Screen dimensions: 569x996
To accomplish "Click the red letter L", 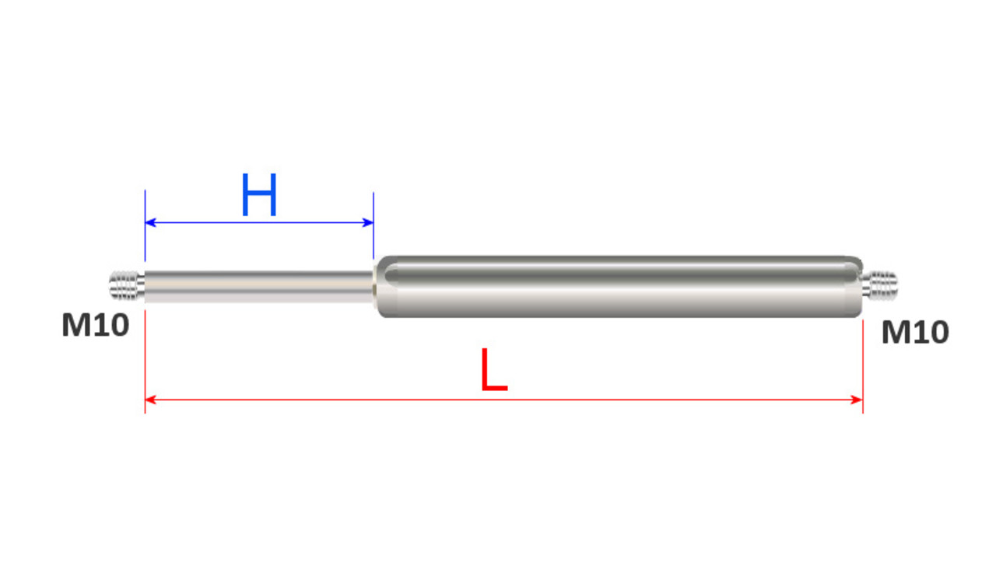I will click(493, 371).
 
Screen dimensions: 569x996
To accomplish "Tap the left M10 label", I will click(96, 326).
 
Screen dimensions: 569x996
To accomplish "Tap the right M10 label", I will click(914, 333).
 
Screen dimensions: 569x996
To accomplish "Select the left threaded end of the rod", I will click(124, 285).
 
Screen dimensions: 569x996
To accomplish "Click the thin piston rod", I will click(257, 286).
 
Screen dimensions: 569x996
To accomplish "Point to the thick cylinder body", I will click(615, 286).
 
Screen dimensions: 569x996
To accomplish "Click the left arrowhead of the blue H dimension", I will click(150, 223).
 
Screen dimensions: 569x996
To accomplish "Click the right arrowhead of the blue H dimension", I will click(369, 223).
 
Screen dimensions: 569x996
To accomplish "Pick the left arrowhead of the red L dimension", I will click(150, 400).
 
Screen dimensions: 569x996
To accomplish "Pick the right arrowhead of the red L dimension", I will click(857, 400).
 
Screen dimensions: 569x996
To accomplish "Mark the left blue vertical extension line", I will click(146, 233).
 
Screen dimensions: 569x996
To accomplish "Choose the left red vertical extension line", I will click(146, 358).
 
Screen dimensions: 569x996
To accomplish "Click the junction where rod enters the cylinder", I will click(375, 286).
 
